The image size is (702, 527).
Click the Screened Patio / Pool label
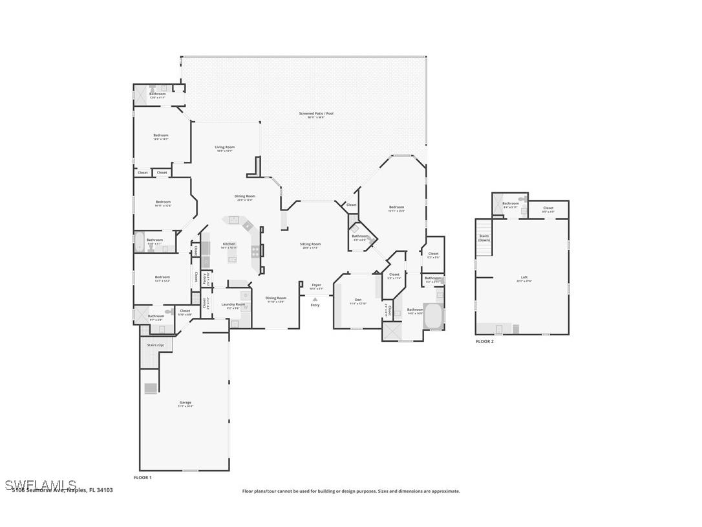(316, 114)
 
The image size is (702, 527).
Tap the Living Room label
(225, 148)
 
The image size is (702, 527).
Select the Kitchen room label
(229, 244)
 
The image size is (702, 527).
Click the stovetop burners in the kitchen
(255, 251)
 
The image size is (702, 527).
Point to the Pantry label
(205, 278)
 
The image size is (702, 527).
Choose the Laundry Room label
(233, 304)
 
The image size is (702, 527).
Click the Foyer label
(316, 286)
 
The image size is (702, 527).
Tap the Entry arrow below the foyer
(315, 299)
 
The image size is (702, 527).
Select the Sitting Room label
(310, 245)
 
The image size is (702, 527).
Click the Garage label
(186, 403)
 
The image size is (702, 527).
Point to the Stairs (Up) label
(156, 345)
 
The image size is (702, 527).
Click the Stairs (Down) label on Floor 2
(484, 237)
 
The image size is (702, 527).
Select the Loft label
(524, 278)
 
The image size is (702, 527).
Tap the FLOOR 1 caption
(143, 477)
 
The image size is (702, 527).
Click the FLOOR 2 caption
(484, 341)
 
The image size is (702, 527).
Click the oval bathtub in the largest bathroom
(433, 317)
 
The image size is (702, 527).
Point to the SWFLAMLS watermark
(40, 485)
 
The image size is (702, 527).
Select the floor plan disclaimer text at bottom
(351, 491)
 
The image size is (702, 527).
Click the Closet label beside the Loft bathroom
(548, 208)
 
